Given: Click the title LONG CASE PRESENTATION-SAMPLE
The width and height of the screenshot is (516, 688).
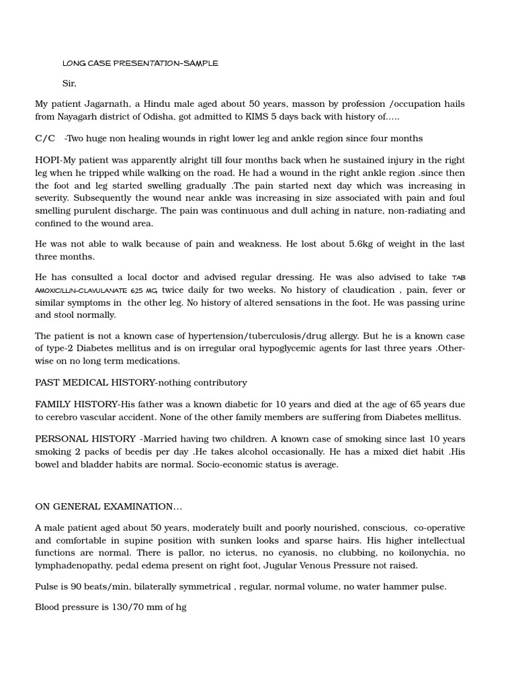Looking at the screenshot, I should click(140, 63).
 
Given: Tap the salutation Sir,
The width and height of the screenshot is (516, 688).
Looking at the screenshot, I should click(69, 83).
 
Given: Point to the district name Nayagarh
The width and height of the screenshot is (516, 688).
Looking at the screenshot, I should click(83, 117).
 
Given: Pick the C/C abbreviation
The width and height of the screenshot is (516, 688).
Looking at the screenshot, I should click(45, 138).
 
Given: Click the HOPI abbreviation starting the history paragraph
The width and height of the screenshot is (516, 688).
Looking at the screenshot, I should click(48, 160).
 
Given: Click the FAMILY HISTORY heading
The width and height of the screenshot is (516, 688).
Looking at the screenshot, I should click(75, 404).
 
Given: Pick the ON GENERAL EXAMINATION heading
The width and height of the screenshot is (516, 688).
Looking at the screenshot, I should click(108, 507).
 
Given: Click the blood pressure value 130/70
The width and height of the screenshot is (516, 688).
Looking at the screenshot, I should click(105, 607).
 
